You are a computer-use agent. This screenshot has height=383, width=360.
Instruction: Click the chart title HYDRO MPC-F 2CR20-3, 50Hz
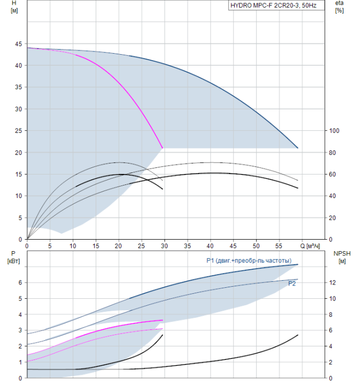(x=274, y=5)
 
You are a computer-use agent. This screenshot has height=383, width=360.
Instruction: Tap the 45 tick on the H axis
(x=18, y=44)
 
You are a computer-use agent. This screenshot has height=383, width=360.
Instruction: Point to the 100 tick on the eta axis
(x=334, y=131)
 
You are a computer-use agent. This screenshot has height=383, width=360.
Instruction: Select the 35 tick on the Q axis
(x=187, y=246)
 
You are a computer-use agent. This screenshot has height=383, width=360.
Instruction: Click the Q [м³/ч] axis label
(x=310, y=246)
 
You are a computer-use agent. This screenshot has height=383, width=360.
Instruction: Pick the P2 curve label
(x=292, y=283)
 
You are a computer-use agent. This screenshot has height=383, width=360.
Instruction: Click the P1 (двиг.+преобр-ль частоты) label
(x=249, y=260)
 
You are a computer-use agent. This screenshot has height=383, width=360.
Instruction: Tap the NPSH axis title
(x=342, y=257)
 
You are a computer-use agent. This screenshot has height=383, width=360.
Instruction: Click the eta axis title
(x=340, y=7)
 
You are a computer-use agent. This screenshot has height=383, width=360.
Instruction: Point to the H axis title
(x=14, y=7)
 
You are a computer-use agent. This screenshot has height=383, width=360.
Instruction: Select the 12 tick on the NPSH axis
(x=333, y=283)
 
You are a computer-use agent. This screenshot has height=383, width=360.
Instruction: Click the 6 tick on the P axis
(x=20, y=283)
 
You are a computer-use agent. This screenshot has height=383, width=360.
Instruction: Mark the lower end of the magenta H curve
(x=162, y=148)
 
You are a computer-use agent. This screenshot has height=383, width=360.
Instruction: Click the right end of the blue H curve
(x=298, y=148)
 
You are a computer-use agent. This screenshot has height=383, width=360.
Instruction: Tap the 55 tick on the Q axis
(x=278, y=246)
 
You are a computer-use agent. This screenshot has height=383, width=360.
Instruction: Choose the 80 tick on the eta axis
(x=332, y=153)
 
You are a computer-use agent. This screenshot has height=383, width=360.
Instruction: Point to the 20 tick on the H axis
(x=18, y=153)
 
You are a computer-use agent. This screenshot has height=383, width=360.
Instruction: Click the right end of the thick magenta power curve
(x=162, y=320)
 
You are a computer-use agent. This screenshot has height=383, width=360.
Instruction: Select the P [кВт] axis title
(x=14, y=257)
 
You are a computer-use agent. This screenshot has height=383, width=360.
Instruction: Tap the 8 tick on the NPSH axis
(x=330, y=315)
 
